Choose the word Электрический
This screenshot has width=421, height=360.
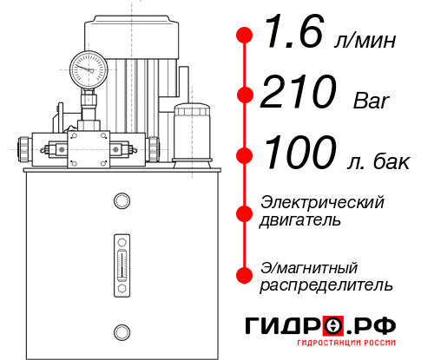click(323, 202)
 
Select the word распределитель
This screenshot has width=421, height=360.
click(327, 284)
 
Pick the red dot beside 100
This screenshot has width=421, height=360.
click(245, 155)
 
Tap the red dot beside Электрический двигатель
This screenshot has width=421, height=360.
click(245, 211)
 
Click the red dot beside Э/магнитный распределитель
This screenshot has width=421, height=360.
click(245, 274)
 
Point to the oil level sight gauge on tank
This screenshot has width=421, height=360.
click(121, 258)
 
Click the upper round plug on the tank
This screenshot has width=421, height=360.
click(121, 201)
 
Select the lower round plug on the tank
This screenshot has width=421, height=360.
click(121, 330)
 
